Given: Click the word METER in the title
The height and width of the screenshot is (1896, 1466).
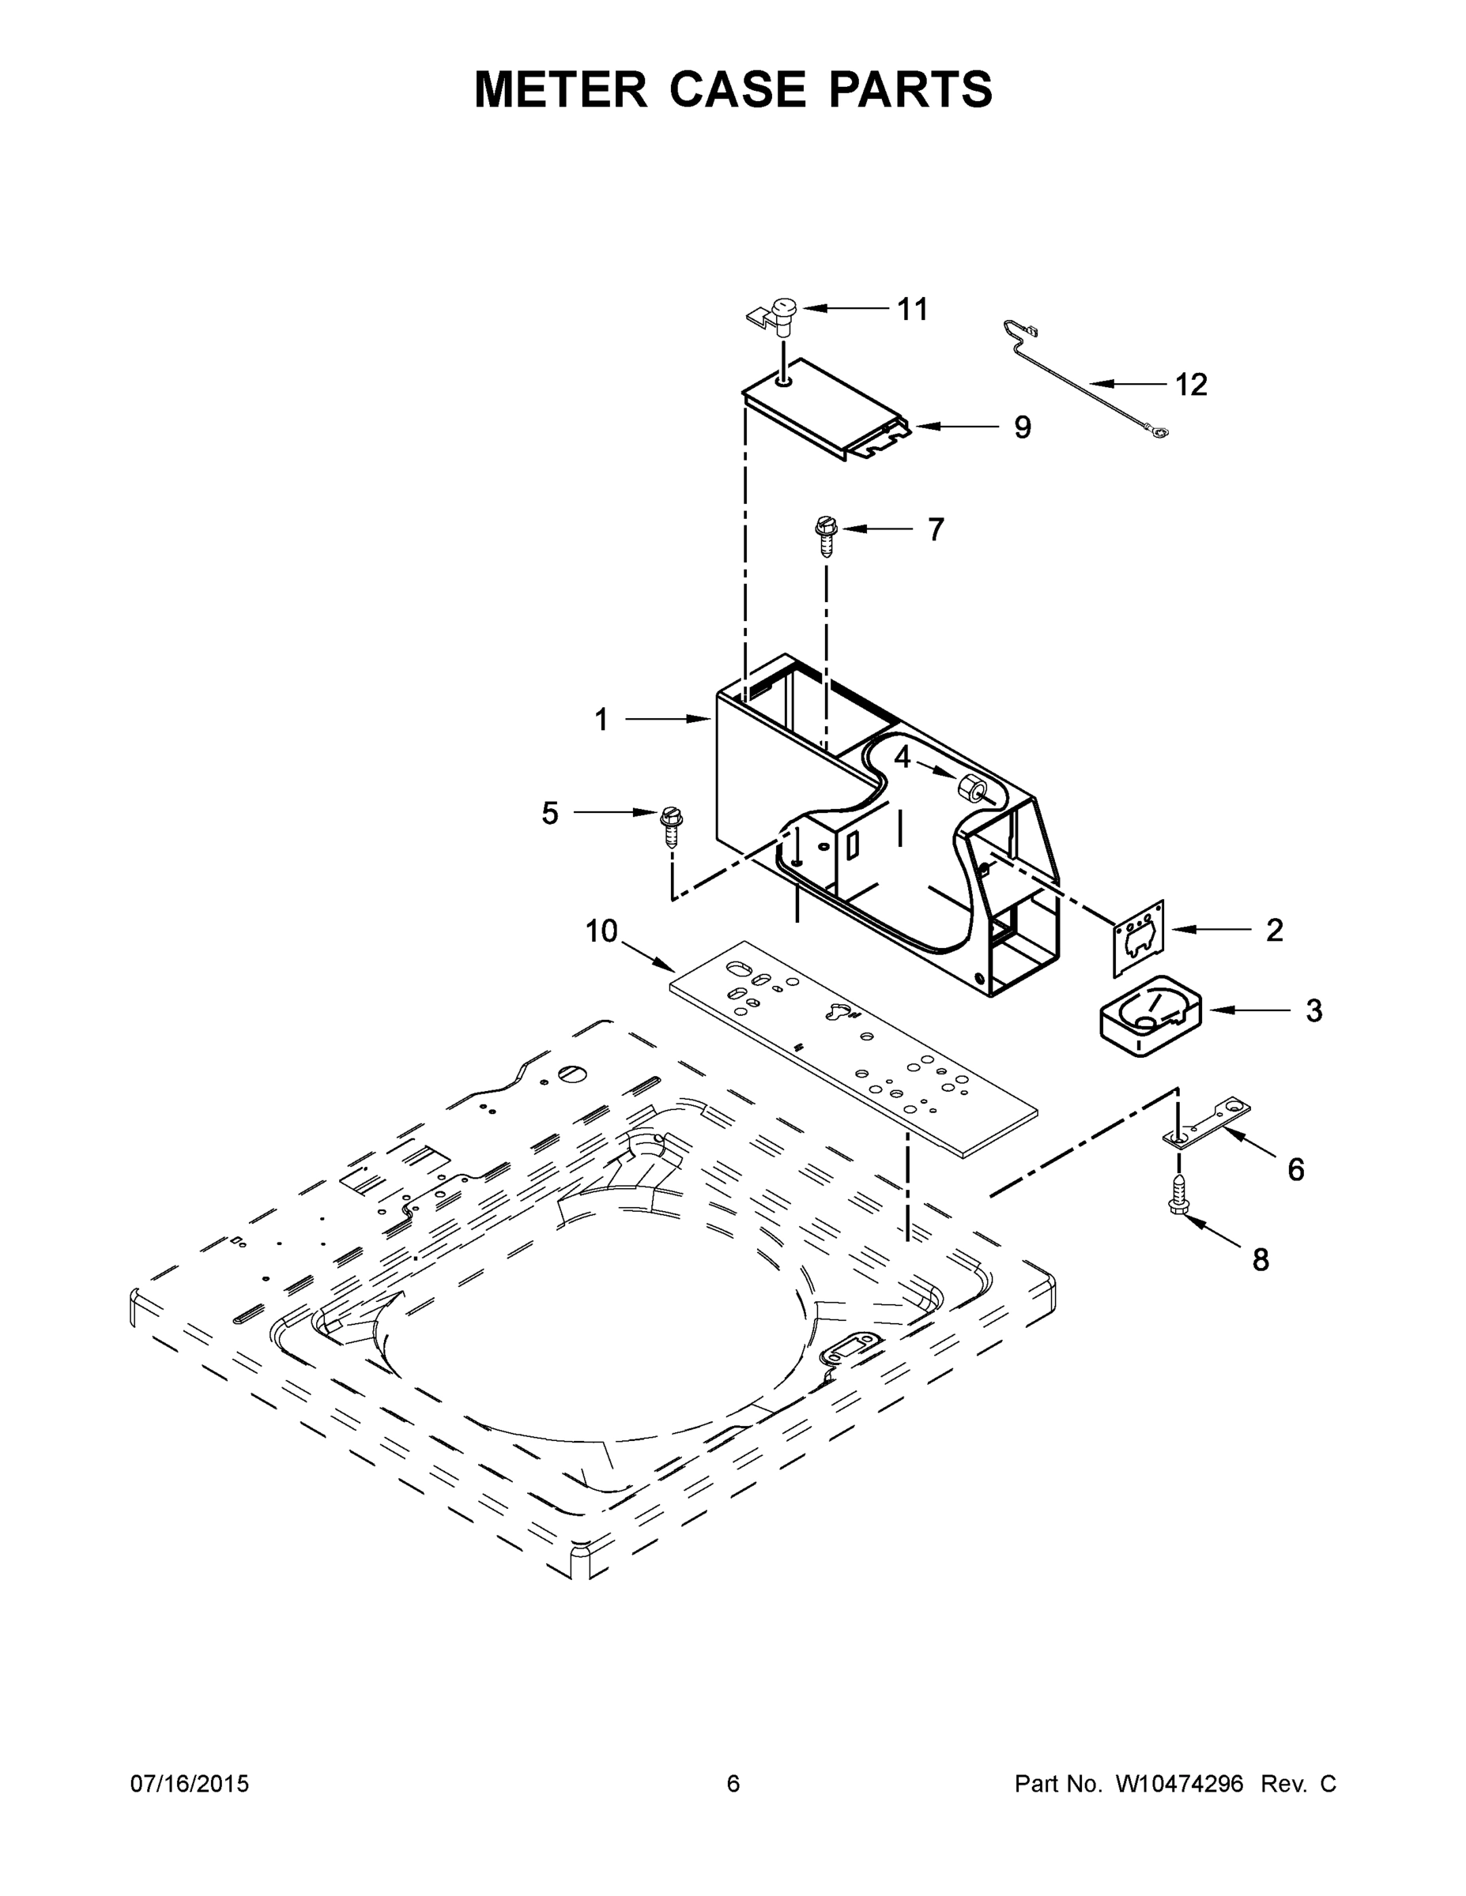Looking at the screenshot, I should pos(560,89).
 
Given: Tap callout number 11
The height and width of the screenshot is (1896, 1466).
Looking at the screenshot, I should pos(912,309).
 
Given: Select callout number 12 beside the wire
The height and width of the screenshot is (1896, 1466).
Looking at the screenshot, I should pos(1191,385).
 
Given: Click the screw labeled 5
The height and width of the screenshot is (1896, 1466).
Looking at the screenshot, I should pos(671,826).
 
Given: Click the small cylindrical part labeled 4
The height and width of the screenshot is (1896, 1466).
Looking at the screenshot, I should pos(968,788).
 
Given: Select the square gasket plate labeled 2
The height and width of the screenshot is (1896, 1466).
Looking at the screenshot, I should pos(1139,938).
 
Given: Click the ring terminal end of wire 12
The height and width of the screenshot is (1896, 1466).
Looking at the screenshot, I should pos(1159,428).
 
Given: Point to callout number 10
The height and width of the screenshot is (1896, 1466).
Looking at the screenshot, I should pos(600,931).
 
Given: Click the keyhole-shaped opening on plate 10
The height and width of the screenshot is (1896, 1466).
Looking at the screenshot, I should pos(840,1011).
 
